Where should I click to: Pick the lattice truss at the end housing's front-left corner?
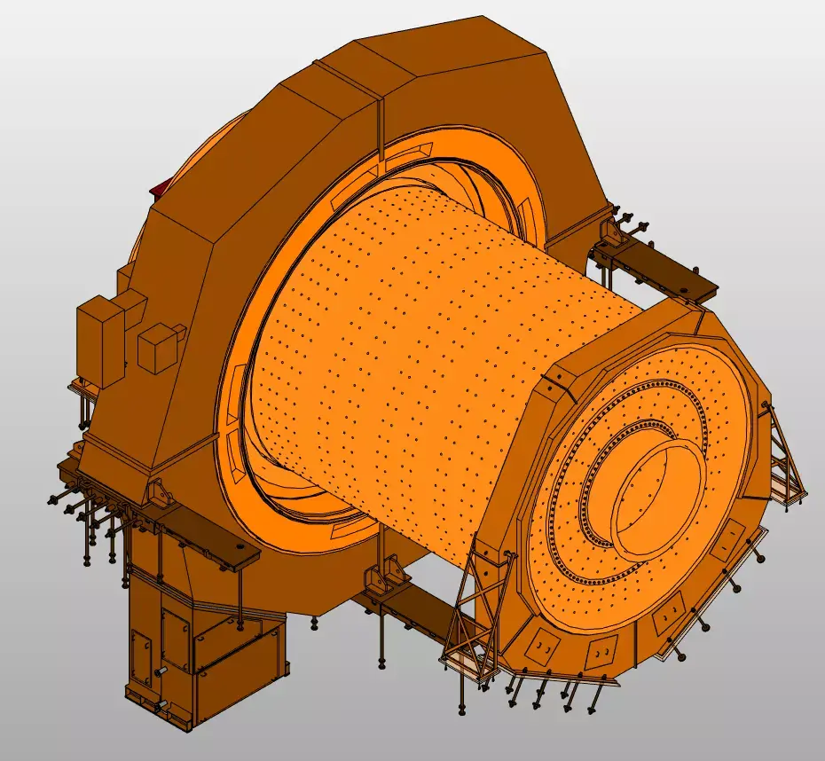(475, 612)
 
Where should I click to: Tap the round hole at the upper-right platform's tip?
(685, 286)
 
